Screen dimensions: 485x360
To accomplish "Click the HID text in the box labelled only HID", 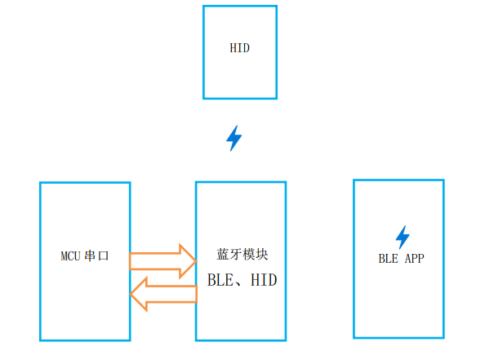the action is pos(240,48).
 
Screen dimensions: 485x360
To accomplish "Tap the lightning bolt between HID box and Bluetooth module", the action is pos(234,138).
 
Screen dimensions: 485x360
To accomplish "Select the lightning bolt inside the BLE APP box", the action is pos(403,238).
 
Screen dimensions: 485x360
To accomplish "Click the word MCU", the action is pos(71,256).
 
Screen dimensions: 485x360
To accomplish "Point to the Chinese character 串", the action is pos(90,256).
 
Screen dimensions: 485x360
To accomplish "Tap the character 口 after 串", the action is pos(104,256).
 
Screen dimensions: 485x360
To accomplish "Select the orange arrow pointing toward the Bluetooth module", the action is pos(163,261).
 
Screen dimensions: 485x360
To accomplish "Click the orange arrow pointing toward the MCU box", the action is pos(163,294).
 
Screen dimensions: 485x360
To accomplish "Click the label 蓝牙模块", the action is pos(242,254).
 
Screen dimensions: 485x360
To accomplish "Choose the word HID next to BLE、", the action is pos(264,280).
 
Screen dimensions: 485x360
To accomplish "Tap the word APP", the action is pos(415,259).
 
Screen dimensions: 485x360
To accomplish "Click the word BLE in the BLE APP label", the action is pos(388,259).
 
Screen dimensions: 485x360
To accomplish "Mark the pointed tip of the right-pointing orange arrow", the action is pos(197,261).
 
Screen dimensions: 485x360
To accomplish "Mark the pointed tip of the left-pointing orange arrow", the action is pos(130,294).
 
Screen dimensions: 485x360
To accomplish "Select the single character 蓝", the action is pos(223,254).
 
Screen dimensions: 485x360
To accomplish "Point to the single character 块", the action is pos(262,254).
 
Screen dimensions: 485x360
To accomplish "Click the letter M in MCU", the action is pos(64,256).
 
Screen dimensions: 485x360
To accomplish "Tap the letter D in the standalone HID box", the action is pos(247,48).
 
